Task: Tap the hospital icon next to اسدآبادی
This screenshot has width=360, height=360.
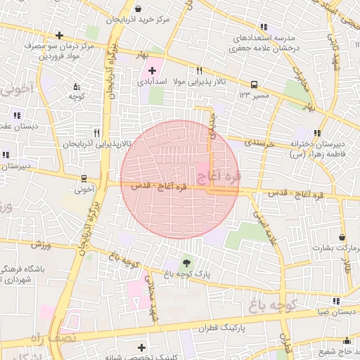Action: tap(152, 70)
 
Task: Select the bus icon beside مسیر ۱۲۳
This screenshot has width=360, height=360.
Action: tap(253, 83)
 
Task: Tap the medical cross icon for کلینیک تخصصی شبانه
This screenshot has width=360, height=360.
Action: tap(142, 347)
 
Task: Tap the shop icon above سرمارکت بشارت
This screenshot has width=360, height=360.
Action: tap(342, 238)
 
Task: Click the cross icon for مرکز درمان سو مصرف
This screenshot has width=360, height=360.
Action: tap(59, 35)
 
